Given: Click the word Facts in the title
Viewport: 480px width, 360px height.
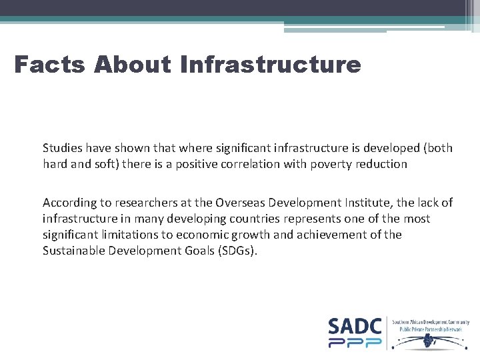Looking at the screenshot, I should pyautogui.click(x=50, y=65).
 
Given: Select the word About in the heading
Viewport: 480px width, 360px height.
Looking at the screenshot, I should pyautogui.click(x=133, y=65).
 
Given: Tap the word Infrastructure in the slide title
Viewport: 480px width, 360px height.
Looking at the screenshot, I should pyautogui.click(x=270, y=65).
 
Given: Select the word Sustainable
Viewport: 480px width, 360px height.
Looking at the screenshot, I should pyautogui.click(x=75, y=251).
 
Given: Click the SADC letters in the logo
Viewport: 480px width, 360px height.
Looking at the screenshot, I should pyautogui.click(x=355, y=326).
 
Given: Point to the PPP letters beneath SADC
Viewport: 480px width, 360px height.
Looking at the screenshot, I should pyautogui.click(x=355, y=343).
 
